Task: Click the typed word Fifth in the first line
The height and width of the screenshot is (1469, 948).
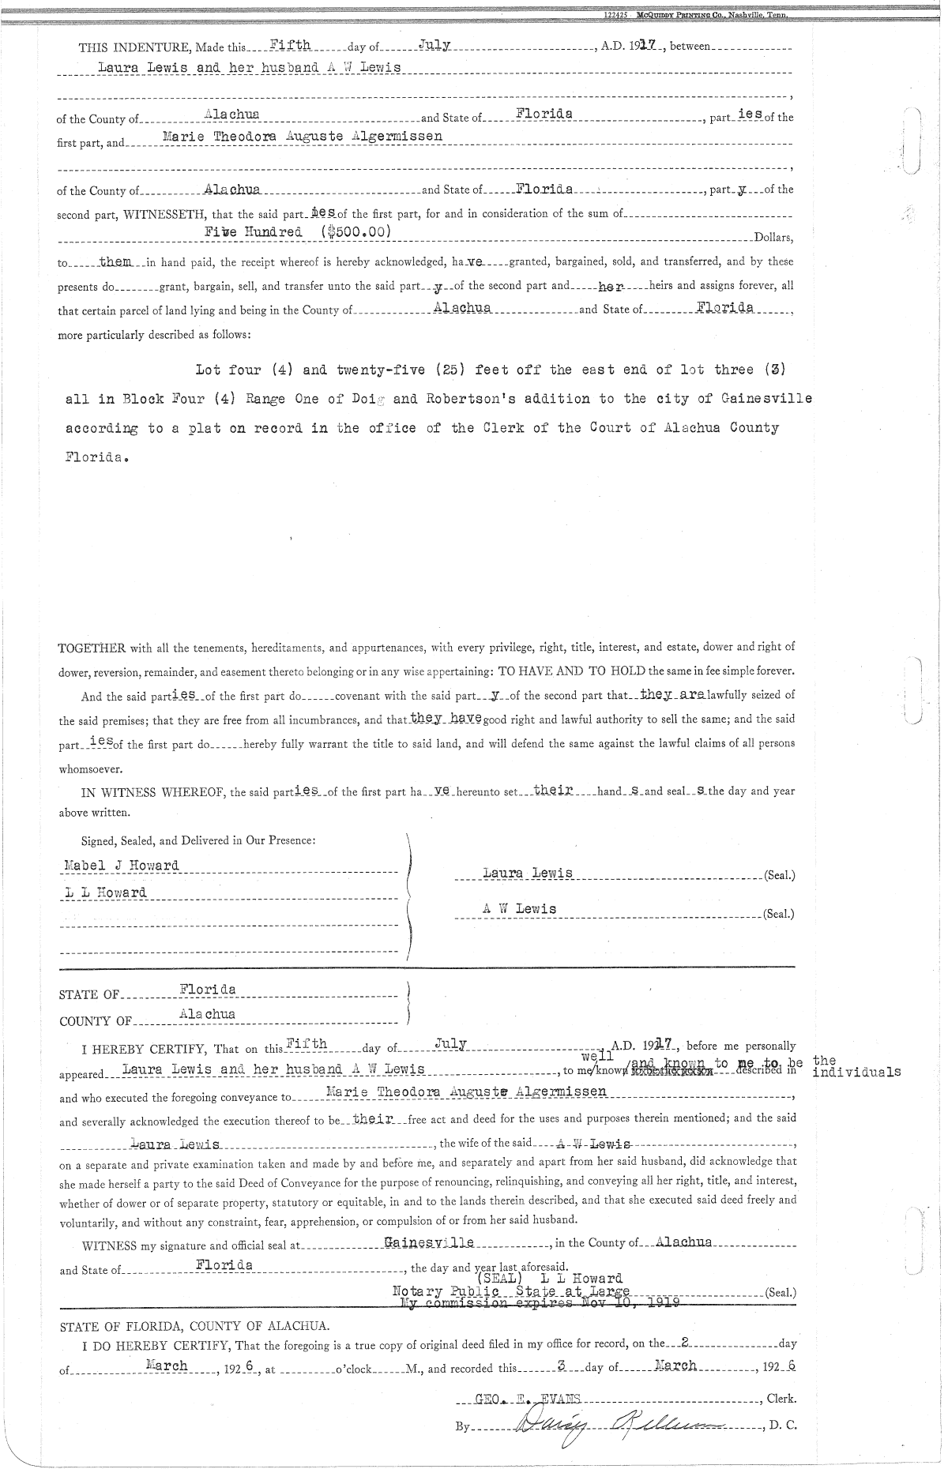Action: pos(284,46)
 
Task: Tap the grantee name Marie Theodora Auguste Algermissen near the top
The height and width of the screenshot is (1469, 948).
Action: pos(302,136)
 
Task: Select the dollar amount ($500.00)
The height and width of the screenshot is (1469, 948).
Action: pos(350,232)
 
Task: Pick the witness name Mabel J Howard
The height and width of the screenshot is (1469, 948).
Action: pos(121,865)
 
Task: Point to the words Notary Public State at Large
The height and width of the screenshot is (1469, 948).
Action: pos(511,1291)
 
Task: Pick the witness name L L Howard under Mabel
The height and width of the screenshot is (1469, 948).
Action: pos(105,893)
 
